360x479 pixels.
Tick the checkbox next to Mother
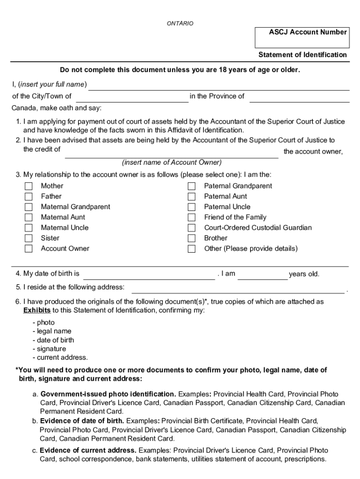pyautogui.click(x=29, y=186)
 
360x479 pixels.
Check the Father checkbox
pyautogui.click(x=29, y=196)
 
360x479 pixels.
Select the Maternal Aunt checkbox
pyautogui.click(x=29, y=218)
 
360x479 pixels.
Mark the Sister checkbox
pyautogui.click(x=29, y=238)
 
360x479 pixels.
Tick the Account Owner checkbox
pyautogui.click(x=29, y=249)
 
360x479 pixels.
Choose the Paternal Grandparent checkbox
pyautogui.click(x=192, y=186)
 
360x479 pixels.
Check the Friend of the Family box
pyautogui.click(x=192, y=218)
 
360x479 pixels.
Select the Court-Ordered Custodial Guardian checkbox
pyautogui.click(x=192, y=228)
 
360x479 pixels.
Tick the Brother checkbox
pyautogui.click(x=192, y=238)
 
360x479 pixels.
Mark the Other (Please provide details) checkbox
pyautogui.click(x=192, y=249)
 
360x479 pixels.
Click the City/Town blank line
pyautogui.click(x=132, y=98)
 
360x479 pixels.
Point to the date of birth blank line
pyautogui.click(x=149, y=275)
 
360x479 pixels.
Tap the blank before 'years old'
pyautogui.click(x=263, y=275)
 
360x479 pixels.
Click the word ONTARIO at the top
pyautogui.click(x=180, y=23)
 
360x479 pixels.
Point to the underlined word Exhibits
pyautogui.click(x=37, y=311)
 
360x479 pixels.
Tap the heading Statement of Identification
pyautogui.click(x=302, y=55)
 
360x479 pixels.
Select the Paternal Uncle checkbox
pyautogui.click(x=192, y=207)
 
